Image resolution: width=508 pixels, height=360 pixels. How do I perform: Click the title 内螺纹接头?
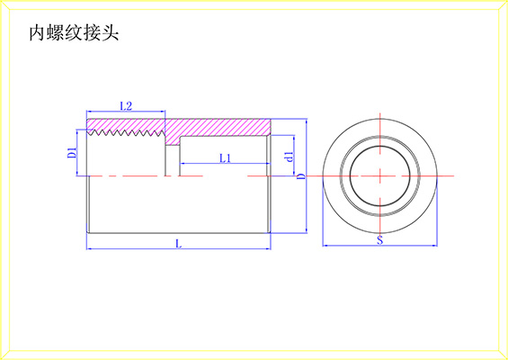click(x=74, y=33)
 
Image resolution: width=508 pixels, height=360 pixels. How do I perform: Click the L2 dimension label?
click(x=126, y=106)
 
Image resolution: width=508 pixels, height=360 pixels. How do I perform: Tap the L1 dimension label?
click(x=225, y=158)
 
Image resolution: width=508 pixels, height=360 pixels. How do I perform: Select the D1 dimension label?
click(x=72, y=153)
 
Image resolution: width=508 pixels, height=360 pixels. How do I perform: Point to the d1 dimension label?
click(x=290, y=157)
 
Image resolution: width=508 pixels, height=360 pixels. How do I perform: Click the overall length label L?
click(x=178, y=244)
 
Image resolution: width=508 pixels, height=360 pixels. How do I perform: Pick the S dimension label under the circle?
click(x=380, y=240)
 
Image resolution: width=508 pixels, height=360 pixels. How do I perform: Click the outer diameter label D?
click(x=301, y=176)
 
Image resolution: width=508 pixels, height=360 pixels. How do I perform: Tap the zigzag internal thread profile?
click(x=125, y=132)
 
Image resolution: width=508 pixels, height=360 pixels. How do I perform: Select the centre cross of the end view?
click(x=380, y=176)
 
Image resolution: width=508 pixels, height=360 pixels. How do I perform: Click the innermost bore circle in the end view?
click(x=380, y=147)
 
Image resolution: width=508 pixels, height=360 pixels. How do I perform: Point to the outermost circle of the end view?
click(x=380, y=119)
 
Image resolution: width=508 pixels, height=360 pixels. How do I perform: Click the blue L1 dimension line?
click(x=225, y=164)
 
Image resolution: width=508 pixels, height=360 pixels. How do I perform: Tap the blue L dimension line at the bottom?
click(x=179, y=248)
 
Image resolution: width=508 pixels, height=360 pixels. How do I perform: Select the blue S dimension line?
click(x=380, y=246)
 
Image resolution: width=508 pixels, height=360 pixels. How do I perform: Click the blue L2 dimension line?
click(x=126, y=112)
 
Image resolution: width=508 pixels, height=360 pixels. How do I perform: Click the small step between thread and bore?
click(x=173, y=145)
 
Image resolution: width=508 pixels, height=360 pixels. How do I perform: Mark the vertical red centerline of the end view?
click(x=380, y=176)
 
